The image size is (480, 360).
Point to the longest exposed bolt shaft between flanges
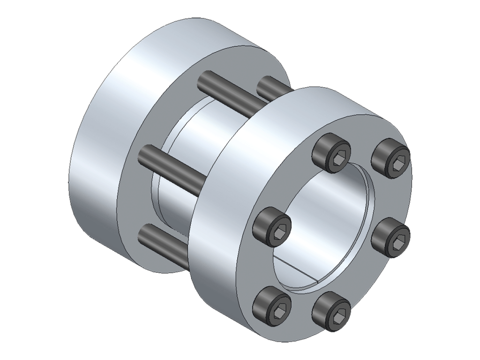tap(173, 165)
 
